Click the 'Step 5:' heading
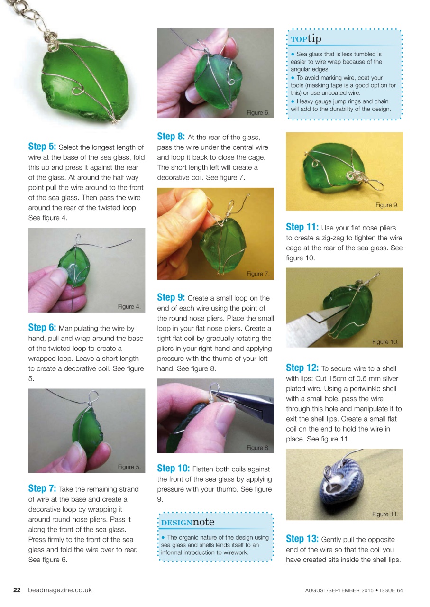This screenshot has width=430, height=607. (x=42, y=147)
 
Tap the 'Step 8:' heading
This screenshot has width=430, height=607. (x=171, y=137)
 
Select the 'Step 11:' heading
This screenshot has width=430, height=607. (x=302, y=227)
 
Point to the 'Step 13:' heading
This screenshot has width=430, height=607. (x=302, y=539)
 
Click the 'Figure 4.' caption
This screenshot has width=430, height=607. (x=129, y=306)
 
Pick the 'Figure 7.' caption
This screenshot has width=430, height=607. (x=258, y=274)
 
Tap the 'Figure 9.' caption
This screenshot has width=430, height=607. (x=387, y=205)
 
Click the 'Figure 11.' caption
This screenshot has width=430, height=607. (x=385, y=514)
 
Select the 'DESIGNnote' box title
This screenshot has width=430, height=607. (x=188, y=522)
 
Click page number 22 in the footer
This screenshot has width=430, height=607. (x=17, y=590)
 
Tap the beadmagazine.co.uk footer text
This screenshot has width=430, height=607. (x=60, y=590)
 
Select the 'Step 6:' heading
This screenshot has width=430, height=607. (x=42, y=328)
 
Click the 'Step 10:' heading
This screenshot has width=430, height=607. (x=173, y=469)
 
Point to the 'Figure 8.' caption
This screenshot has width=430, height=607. (x=258, y=448)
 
